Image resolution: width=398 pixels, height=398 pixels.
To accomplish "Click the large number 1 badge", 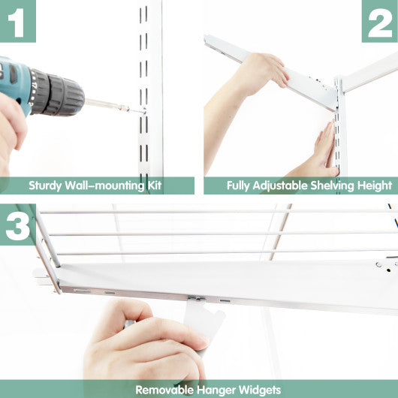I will (x=18, y=20).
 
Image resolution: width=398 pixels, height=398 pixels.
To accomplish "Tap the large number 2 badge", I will (x=380, y=20).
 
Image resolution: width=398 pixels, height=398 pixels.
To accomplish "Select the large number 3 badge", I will (x=18, y=224).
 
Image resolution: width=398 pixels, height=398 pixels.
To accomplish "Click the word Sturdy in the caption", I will (x=46, y=185).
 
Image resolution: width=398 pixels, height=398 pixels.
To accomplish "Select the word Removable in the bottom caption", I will (x=162, y=390).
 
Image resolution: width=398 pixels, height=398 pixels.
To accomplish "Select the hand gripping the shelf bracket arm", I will (x=259, y=71).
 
